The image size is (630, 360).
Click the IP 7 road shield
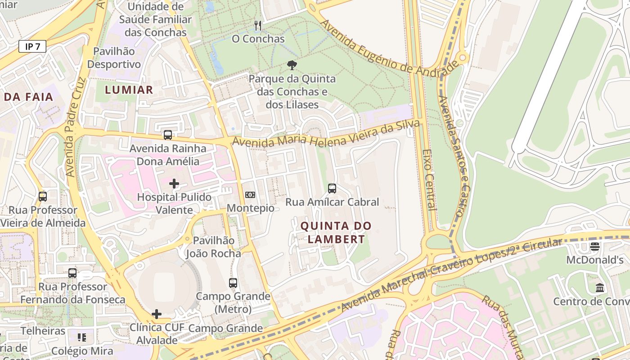(x=32, y=46)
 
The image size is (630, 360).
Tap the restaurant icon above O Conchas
(x=258, y=26)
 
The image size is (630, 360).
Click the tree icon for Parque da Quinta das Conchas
(x=292, y=65)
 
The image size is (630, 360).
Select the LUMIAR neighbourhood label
(x=129, y=90)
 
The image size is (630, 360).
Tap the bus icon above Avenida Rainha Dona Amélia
(x=168, y=135)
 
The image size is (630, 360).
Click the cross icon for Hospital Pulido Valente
(x=174, y=184)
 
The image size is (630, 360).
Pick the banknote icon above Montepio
(x=250, y=195)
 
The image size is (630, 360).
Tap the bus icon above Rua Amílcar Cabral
(x=332, y=189)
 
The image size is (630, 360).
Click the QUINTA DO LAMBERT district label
(x=336, y=232)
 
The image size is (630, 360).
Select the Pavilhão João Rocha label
(x=214, y=247)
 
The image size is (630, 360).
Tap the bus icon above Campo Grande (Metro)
(x=233, y=283)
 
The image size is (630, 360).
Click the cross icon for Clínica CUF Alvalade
(x=157, y=314)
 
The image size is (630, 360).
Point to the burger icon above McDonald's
(x=595, y=247)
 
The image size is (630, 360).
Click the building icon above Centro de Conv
(x=600, y=288)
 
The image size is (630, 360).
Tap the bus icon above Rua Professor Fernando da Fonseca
(x=72, y=273)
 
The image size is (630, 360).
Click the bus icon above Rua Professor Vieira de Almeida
(x=43, y=197)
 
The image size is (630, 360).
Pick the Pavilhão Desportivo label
(x=114, y=58)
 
